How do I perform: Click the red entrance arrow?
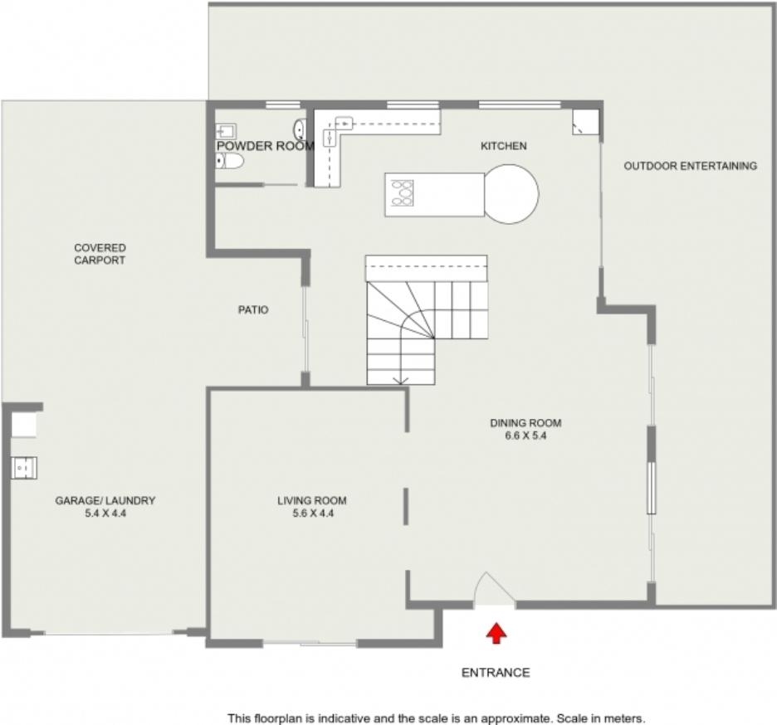point(496,634)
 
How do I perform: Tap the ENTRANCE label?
point(496,673)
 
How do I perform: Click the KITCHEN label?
point(503,146)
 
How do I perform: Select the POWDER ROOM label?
point(266,146)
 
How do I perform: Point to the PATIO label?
point(253,310)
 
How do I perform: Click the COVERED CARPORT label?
point(100,254)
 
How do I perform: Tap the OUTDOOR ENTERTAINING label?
point(691,166)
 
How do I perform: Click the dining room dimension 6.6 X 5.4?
point(525,436)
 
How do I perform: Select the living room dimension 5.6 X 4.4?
point(313,513)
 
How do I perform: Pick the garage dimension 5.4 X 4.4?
point(105,513)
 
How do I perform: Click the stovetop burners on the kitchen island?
point(402,193)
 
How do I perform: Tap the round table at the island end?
point(511,194)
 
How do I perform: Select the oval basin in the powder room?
point(300,129)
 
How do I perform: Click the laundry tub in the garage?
point(24,468)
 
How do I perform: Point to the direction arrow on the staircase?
point(402,380)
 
